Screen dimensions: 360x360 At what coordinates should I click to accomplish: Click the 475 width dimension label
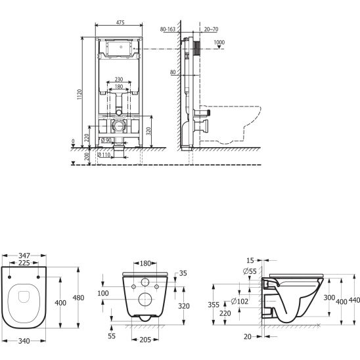120,22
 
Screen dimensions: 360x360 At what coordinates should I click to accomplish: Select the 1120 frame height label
79,94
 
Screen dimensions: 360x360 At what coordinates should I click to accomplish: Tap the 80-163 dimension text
168,29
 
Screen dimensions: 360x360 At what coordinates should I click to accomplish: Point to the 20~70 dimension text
212,29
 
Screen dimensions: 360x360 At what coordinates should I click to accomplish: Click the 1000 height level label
219,42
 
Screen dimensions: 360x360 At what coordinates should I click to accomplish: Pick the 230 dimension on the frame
119,79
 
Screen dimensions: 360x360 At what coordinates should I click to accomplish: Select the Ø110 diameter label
104,155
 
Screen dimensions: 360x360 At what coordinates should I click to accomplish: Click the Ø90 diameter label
106,140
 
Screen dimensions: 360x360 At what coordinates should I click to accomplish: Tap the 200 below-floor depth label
87,156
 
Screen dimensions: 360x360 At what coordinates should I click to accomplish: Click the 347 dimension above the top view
24,256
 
